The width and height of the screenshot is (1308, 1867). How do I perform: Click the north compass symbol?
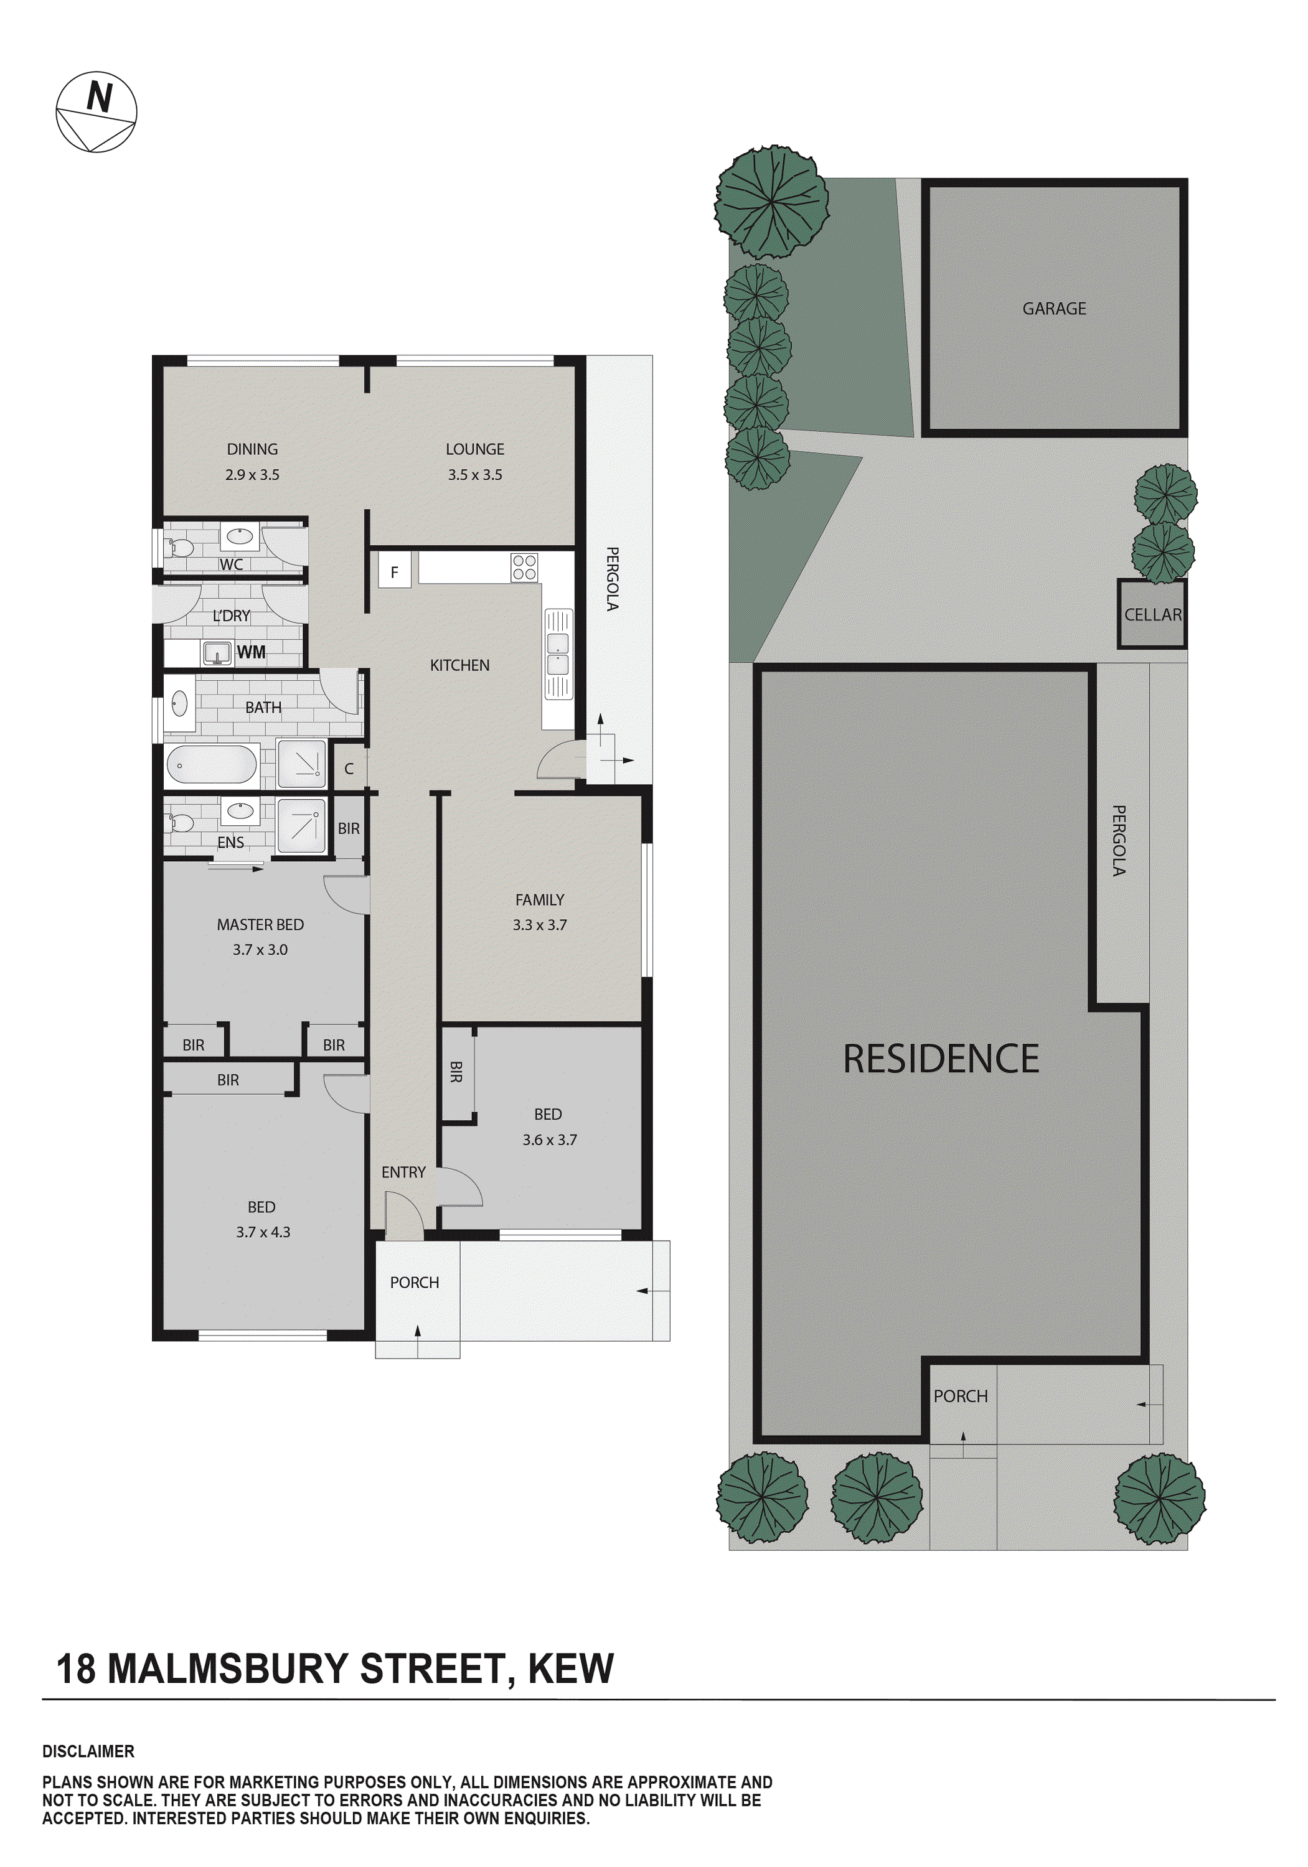pos(96,111)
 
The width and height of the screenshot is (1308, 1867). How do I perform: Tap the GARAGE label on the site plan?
pos(1053,308)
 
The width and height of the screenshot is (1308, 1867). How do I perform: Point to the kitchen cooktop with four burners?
pos(524,568)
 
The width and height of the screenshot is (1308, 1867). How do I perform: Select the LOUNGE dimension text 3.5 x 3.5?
pos(474,475)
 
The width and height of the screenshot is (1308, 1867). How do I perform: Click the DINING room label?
pos(252,449)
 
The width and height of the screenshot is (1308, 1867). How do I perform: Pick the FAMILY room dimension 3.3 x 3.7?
pos(539,925)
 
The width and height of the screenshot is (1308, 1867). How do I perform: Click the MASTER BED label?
pos(260,925)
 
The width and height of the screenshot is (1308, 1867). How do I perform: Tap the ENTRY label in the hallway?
pos(403,1172)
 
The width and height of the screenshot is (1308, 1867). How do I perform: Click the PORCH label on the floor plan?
pos(414,1283)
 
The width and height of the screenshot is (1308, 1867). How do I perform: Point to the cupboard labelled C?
pos(349,769)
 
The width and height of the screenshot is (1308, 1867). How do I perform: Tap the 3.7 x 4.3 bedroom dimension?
pos(263,1232)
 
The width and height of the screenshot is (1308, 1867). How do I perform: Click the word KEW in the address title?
pos(570,1669)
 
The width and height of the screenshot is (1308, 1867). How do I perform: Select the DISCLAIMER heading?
pos(88,1751)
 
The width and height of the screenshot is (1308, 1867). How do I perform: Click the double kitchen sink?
pos(558,655)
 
